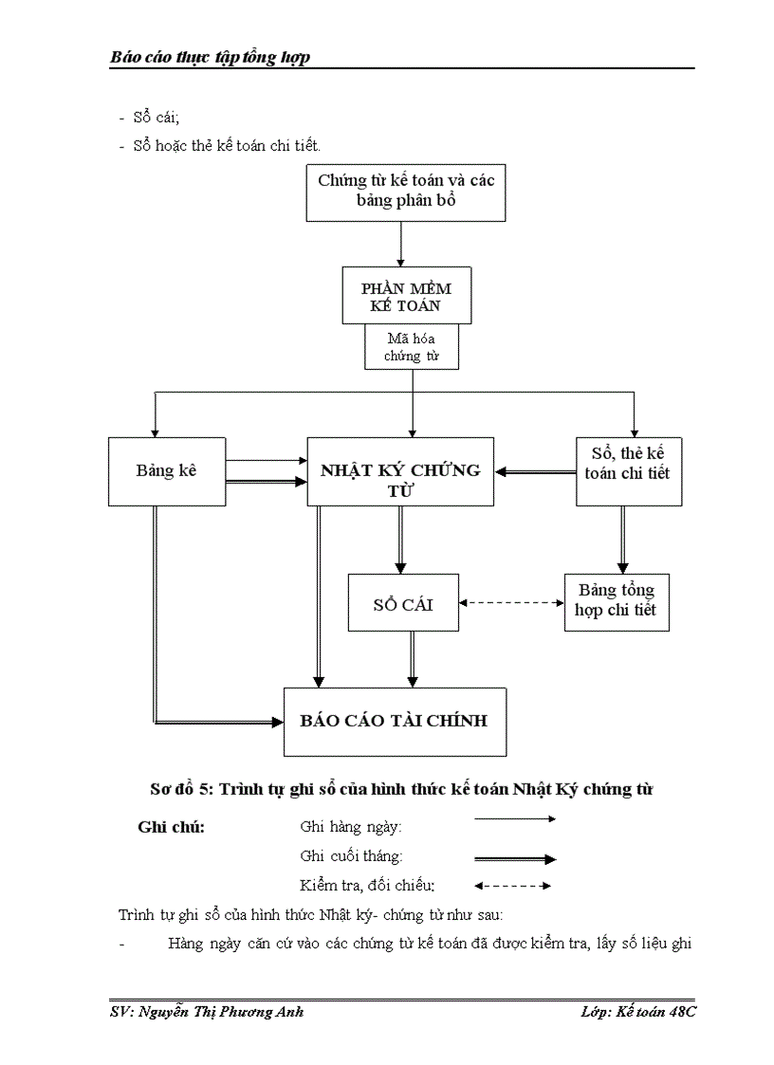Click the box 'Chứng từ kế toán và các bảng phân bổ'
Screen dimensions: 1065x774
[x=405, y=193]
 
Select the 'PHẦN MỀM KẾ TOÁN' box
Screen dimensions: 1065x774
[x=406, y=295]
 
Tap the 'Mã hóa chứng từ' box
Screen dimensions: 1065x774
[x=411, y=347]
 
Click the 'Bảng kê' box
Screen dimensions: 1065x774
[x=167, y=470]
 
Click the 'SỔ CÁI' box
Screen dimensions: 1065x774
[x=403, y=602]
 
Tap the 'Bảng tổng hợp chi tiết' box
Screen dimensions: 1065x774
[x=616, y=601]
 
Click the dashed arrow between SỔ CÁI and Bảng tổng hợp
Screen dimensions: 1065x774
[x=511, y=602]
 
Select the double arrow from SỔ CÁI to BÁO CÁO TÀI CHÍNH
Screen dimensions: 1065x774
[x=412, y=658]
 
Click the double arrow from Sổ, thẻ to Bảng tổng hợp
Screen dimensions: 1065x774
[x=622, y=539]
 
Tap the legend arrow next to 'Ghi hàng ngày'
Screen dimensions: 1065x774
[x=514, y=819]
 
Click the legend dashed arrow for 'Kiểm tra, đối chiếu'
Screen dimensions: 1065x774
[x=512, y=887]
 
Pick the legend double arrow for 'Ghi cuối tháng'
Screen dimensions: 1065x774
[x=514, y=859]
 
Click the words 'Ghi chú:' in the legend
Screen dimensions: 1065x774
[x=171, y=826]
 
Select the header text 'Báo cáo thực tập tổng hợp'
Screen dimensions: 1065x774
[x=211, y=58]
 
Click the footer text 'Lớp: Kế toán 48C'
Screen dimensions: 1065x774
[x=638, y=1012]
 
